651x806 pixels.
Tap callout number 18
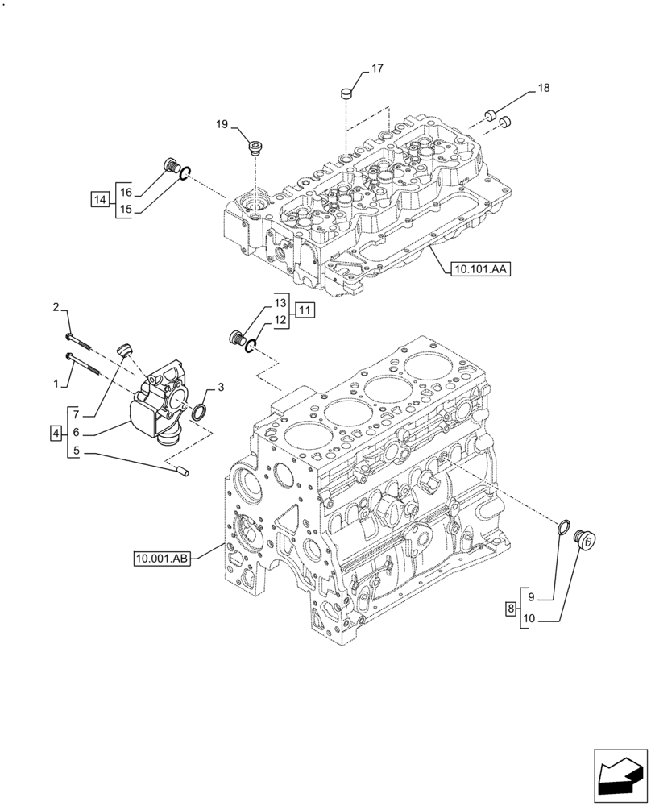tap(543, 89)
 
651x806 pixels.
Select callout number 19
tap(222, 123)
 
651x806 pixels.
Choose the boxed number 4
tap(56, 434)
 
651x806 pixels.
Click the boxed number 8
tap(511, 609)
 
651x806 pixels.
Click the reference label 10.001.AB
tap(163, 558)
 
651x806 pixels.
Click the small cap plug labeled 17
tap(346, 93)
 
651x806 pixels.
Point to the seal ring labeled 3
tap(198, 413)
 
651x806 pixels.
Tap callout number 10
tap(529, 620)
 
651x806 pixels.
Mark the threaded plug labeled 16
tap(170, 167)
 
